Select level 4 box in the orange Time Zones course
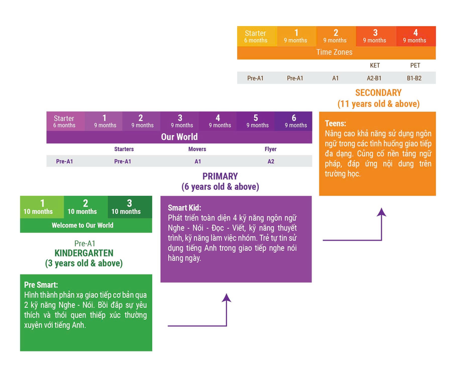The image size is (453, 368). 416,36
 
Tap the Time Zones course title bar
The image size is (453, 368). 336,53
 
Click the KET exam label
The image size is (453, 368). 375,65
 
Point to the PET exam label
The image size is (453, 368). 415,65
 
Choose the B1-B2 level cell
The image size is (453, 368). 414,78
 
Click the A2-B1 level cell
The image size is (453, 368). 374,78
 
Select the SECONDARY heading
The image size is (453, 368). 378,93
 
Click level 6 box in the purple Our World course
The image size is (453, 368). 293,121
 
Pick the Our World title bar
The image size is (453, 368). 179,137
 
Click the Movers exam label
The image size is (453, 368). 197,149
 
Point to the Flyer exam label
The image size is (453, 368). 271,149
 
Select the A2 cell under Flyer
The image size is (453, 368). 271,161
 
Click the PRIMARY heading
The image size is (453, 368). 220,176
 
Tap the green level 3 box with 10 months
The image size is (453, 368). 130,207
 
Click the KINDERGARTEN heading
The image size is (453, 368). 84,253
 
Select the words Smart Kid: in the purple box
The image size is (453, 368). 185,208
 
